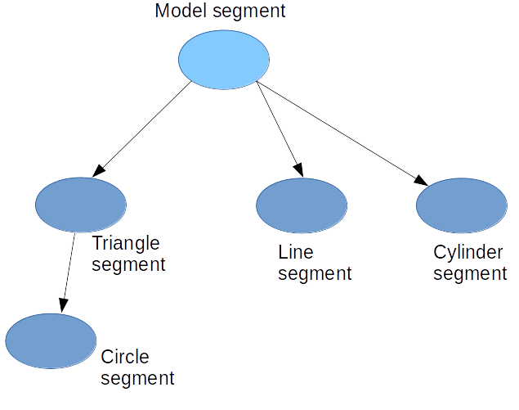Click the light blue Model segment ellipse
click(x=224, y=60)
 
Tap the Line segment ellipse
click(x=302, y=205)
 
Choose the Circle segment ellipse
click(x=50, y=341)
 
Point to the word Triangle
click(x=126, y=243)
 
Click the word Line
click(x=296, y=251)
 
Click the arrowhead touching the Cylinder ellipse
click(x=422, y=181)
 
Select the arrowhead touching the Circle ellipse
click(x=61, y=305)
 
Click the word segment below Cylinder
click(x=470, y=273)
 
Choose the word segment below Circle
click(x=137, y=378)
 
